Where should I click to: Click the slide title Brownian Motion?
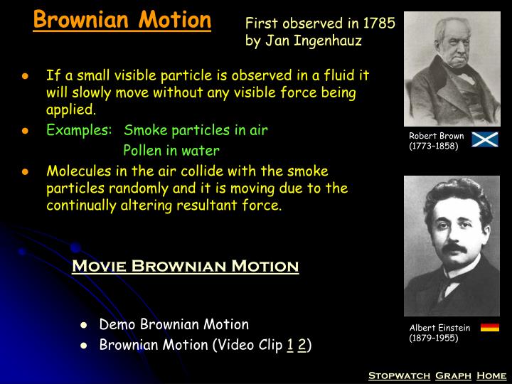point(122,19)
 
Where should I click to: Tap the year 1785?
point(378,23)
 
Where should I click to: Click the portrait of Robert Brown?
point(452,69)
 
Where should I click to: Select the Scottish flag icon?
point(486,140)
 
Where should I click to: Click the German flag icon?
point(490,327)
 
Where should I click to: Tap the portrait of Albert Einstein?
point(452,245)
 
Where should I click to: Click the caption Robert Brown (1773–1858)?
point(436,141)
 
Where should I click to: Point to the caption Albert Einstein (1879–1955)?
point(439,333)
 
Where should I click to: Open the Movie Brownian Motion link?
point(186,267)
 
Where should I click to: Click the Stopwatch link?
point(399,375)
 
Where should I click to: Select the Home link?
point(491,375)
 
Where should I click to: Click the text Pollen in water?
point(171,151)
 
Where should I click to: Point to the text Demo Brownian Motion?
point(174,325)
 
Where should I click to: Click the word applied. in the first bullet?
point(70,110)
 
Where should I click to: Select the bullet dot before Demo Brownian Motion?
point(84,326)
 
